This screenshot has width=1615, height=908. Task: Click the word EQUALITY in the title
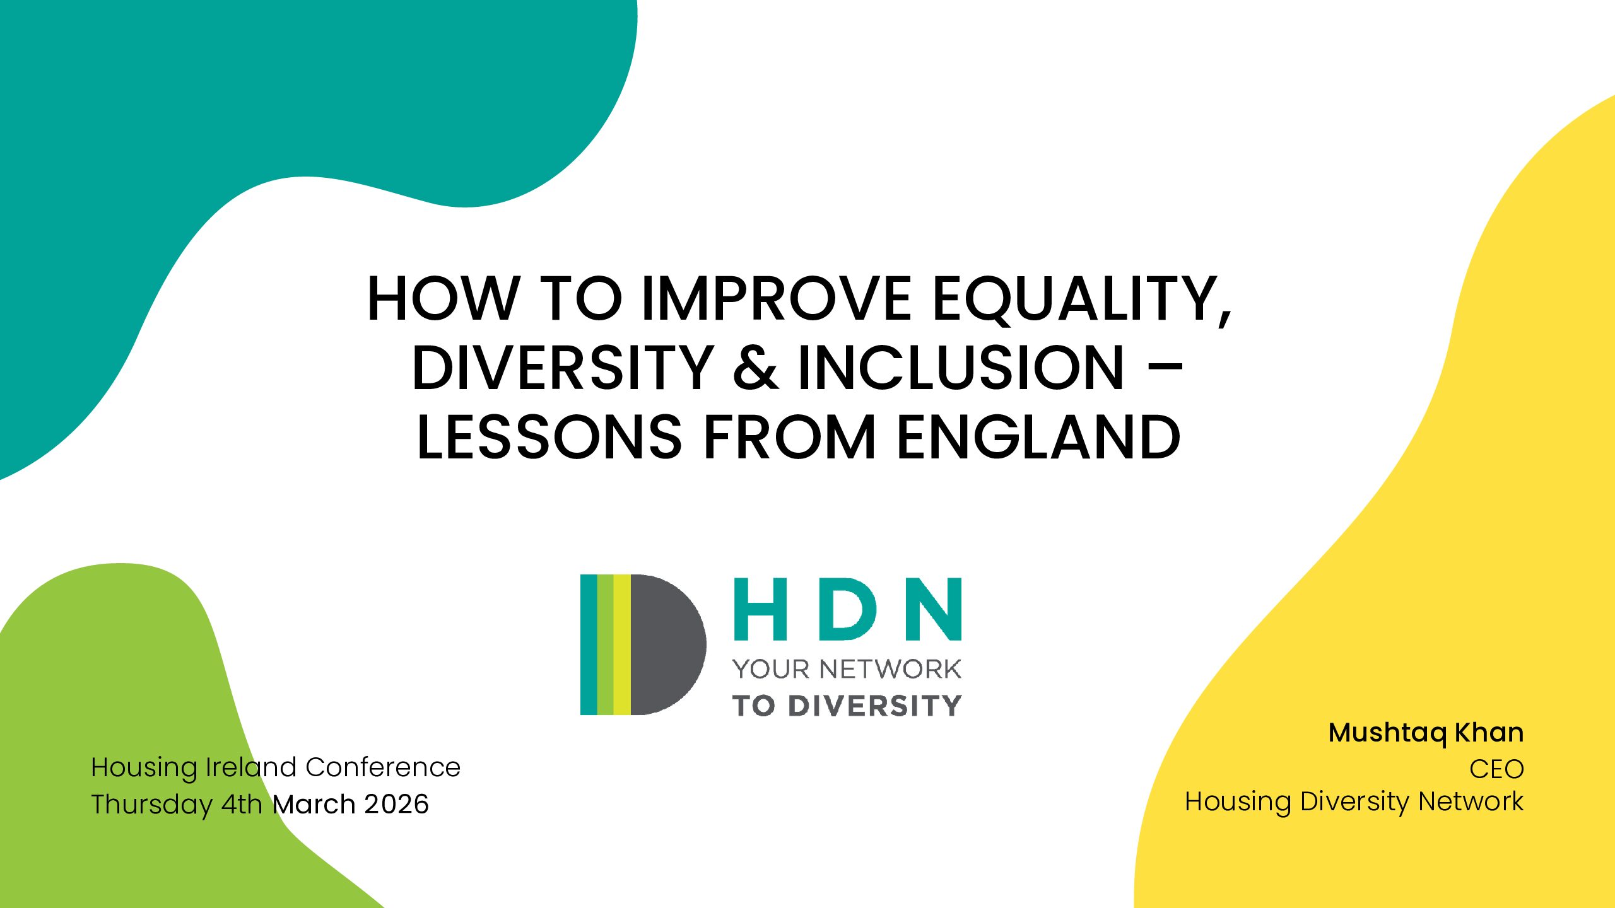[1081, 299]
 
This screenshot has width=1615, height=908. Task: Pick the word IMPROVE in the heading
[777, 299]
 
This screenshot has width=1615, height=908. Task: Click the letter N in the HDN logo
[934, 608]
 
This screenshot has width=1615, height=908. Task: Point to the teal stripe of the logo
[589, 644]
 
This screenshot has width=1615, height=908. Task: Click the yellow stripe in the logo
[622, 644]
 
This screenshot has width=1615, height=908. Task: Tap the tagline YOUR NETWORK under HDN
[847, 669]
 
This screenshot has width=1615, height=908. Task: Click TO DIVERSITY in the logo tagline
[847, 706]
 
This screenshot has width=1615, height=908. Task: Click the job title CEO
[1496, 769]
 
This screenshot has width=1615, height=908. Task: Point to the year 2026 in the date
[397, 804]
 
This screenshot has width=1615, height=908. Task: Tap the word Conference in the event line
[383, 767]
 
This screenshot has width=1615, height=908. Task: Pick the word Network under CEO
[1471, 801]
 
